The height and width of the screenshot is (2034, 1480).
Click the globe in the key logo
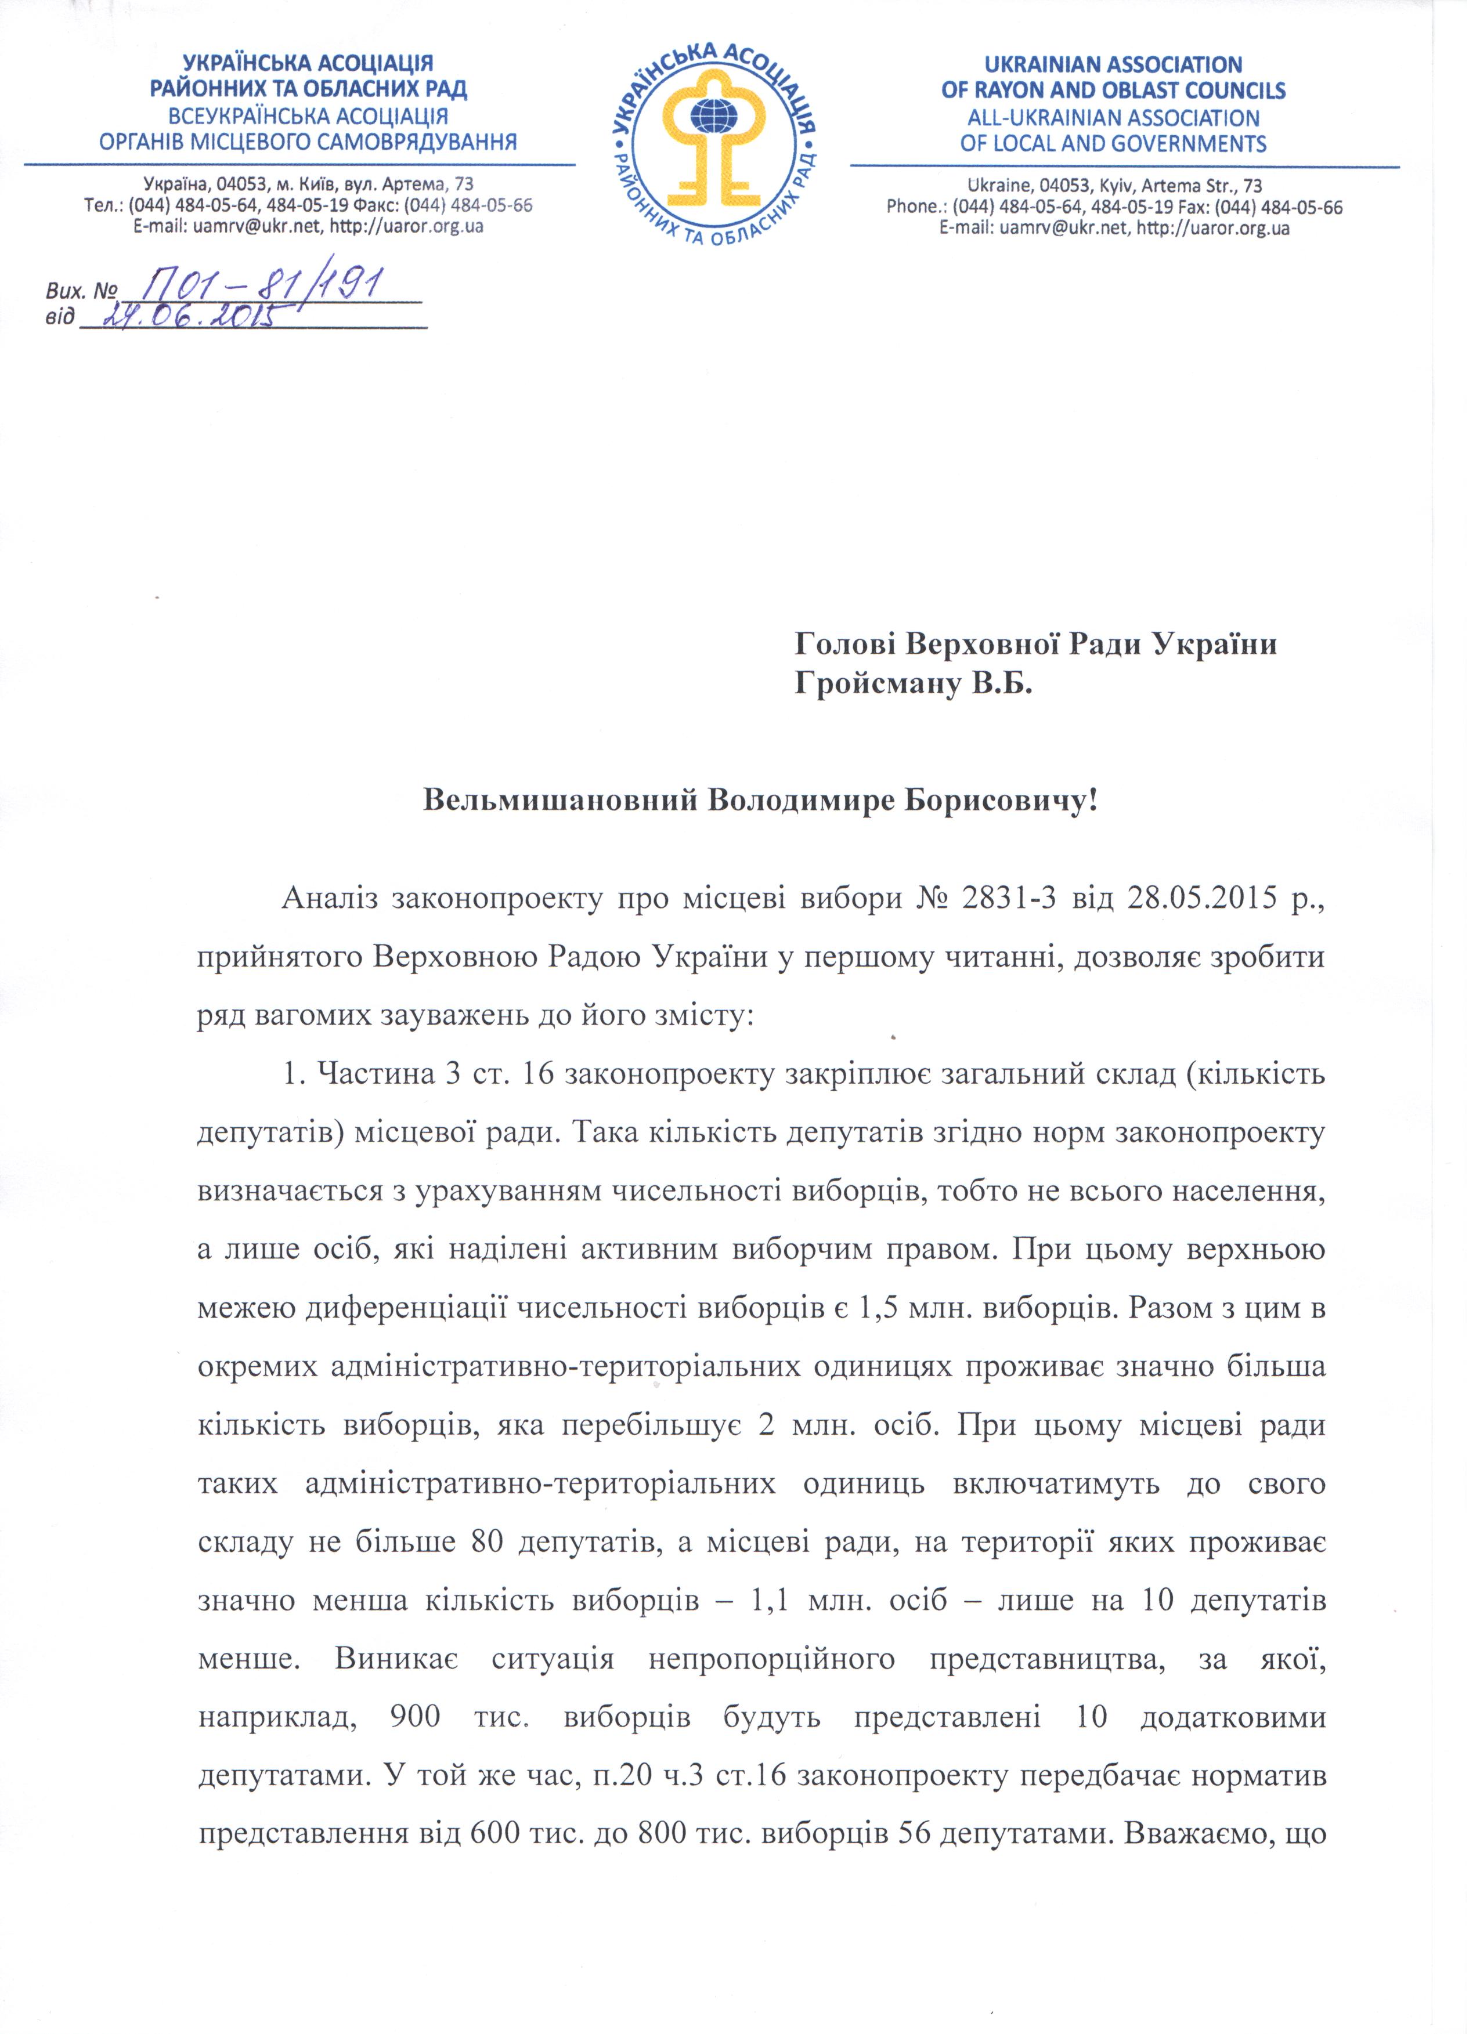714,118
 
